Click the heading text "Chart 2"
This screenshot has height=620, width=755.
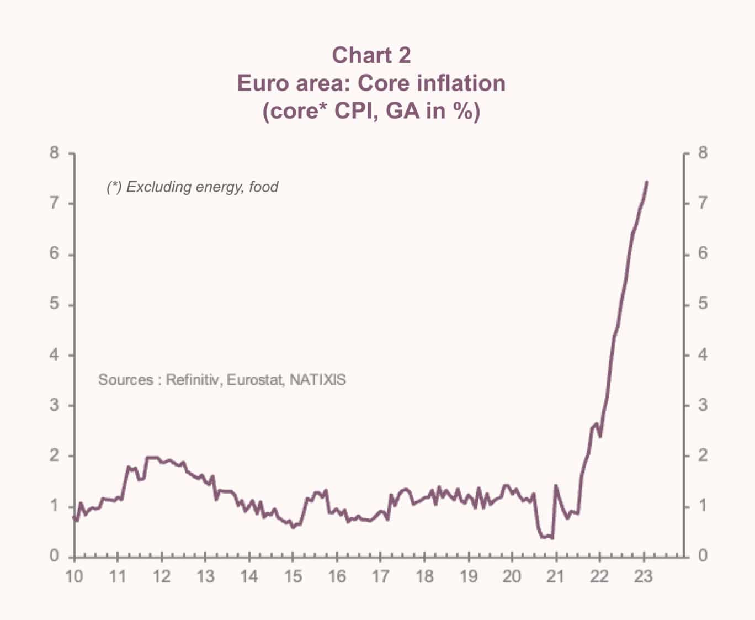click(x=371, y=55)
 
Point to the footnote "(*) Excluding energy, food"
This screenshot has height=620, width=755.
click(x=192, y=187)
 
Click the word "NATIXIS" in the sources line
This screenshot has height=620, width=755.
click(x=318, y=380)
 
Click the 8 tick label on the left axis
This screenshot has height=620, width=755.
click(x=54, y=153)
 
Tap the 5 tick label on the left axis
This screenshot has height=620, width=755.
click(x=54, y=304)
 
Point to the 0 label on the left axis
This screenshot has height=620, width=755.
click(x=54, y=555)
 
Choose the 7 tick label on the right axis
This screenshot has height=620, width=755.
click(x=703, y=203)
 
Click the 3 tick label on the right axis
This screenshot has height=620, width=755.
click(x=703, y=405)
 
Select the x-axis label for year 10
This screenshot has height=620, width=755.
click(x=74, y=576)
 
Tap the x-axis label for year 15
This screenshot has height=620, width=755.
click(x=293, y=576)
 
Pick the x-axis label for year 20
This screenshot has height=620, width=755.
click(x=512, y=576)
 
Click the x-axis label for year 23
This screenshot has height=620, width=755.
click(x=644, y=576)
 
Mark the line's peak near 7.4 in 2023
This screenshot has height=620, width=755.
click(x=647, y=182)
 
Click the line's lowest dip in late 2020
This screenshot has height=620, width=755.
click(x=552, y=538)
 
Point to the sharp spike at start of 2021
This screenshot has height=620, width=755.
click(x=556, y=485)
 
